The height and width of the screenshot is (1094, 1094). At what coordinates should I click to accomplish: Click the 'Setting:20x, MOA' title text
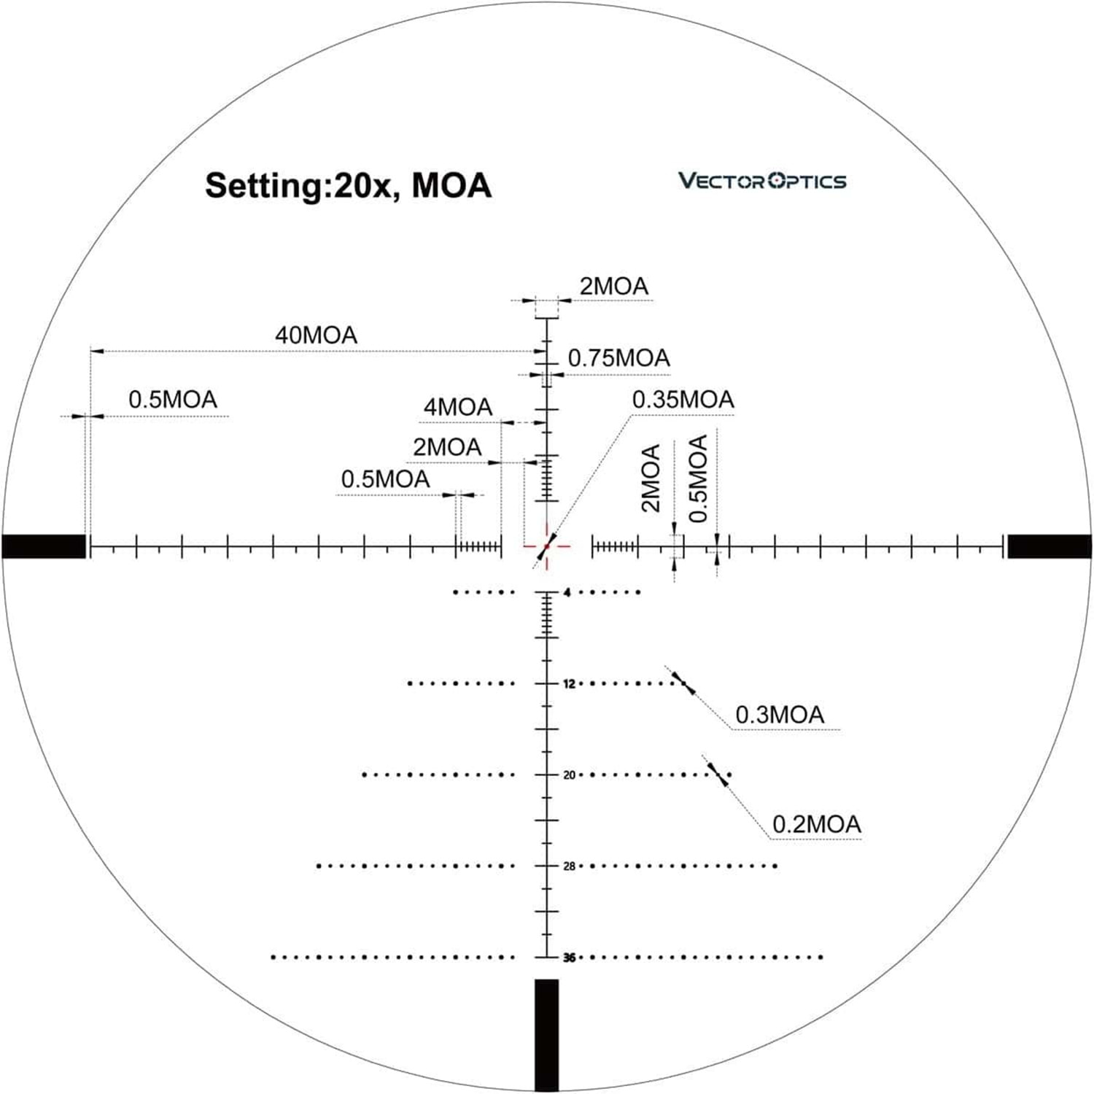(348, 186)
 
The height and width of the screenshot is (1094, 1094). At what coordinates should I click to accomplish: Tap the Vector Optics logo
(762, 181)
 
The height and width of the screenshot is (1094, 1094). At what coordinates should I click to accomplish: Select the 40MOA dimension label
(316, 335)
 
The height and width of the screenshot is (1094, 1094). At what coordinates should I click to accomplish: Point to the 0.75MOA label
(618, 358)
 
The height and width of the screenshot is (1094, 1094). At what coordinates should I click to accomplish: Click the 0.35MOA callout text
(683, 400)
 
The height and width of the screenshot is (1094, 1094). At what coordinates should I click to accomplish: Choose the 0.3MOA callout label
(780, 715)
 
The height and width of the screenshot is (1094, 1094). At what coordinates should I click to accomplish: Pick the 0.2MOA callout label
(817, 825)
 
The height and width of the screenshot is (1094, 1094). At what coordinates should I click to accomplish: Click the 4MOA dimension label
(458, 407)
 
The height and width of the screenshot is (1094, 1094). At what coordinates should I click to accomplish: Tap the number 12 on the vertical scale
(570, 684)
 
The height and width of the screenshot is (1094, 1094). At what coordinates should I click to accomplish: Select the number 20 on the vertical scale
(570, 775)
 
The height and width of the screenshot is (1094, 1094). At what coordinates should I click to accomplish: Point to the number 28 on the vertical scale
(570, 866)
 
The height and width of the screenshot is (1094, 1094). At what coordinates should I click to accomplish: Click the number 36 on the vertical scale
(570, 958)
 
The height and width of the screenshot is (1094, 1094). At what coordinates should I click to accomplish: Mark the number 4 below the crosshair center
(567, 593)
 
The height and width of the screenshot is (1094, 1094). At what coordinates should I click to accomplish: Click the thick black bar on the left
(44, 546)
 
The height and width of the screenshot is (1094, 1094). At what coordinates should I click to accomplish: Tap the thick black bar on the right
(1050, 546)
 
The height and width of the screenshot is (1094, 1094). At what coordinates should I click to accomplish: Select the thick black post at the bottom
(546, 1035)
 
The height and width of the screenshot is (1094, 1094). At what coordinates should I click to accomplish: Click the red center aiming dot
(546, 546)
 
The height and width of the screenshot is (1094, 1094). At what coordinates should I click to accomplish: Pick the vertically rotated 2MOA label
(650, 478)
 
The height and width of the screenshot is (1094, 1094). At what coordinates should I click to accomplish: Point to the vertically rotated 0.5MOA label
(698, 478)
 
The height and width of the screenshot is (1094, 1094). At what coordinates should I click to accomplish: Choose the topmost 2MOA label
(614, 287)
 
